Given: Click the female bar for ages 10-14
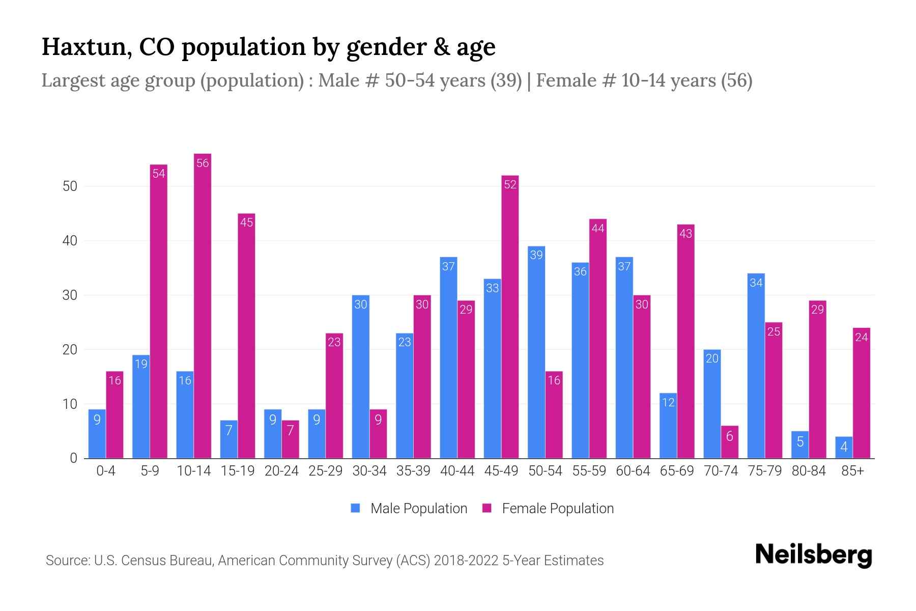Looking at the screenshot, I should [x=203, y=305].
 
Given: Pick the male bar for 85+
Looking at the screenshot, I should [x=844, y=448].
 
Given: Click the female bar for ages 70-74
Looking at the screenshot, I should [x=729, y=442].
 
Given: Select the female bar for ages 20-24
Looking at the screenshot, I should [x=290, y=439].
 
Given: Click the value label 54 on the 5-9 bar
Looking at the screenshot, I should [x=159, y=174].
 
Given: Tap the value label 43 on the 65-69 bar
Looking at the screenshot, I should [x=685, y=234].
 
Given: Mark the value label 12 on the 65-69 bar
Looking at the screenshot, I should [x=668, y=402].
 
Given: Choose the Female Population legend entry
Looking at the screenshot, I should [x=548, y=509].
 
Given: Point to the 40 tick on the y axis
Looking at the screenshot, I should [x=70, y=241].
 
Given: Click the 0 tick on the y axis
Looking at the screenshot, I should [x=74, y=458].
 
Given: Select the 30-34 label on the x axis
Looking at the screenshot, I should [x=369, y=471].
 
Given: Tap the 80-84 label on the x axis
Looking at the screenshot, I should [x=809, y=471].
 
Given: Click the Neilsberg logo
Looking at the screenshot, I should [x=813, y=555].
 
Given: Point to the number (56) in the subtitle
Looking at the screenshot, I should [x=736, y=80].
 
